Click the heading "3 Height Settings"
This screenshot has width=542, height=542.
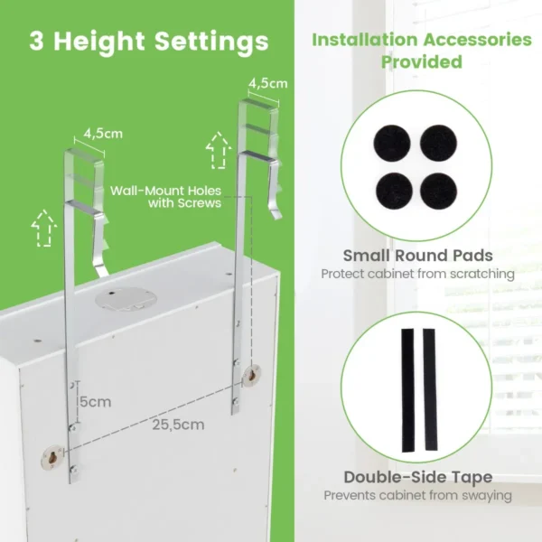click(x=148, y=42)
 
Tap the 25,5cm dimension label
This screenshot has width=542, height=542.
click(x=177, y=424)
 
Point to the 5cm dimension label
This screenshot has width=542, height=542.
click(x=93, y=401)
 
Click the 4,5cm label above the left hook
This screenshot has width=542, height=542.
click(x=102, y=134)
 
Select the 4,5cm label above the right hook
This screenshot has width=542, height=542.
click(x=268, y=82)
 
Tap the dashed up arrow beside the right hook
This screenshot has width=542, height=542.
click(x=217, y=152)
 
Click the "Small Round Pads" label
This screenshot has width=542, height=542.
click(x=417, y=256)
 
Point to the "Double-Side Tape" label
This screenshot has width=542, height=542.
click(x=417, y=477)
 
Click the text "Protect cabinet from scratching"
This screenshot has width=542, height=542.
click(x=417, y=274)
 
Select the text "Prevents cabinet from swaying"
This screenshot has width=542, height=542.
click(x=417, y=495)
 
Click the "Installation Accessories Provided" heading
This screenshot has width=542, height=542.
click(x=421, y=51)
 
